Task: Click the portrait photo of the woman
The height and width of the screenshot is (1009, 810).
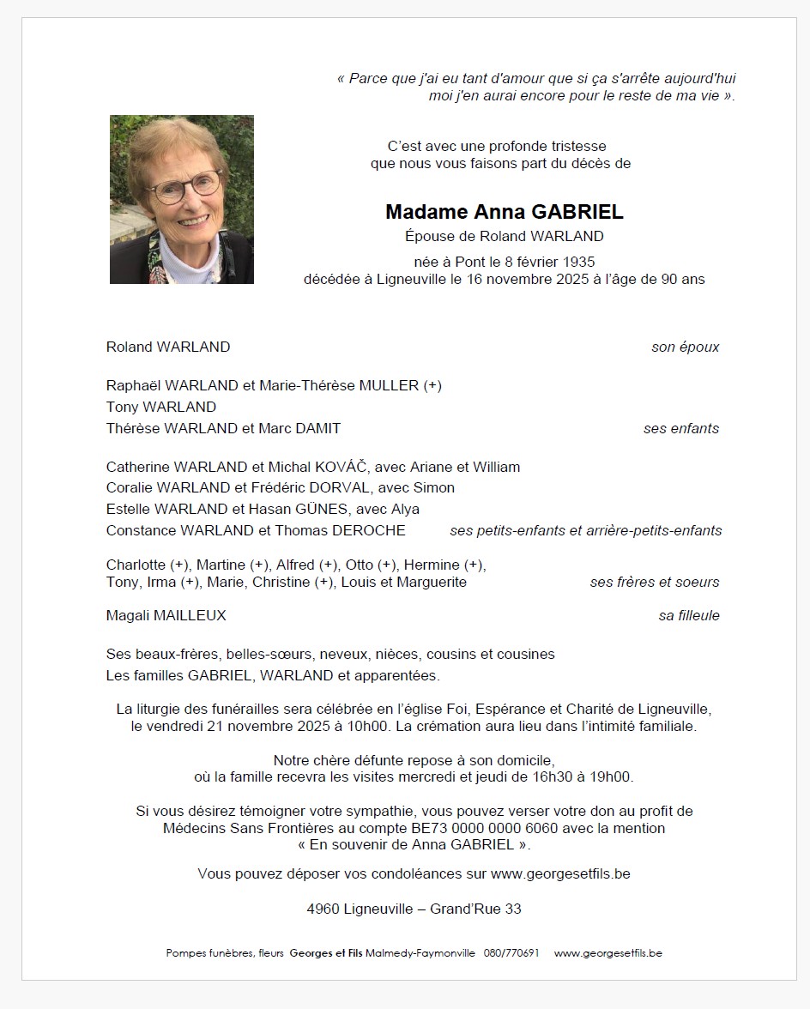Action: tap(181, 199)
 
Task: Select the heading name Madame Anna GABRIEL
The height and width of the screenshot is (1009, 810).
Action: tap(504, 212)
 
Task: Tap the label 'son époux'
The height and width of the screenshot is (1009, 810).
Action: tap(685, 347)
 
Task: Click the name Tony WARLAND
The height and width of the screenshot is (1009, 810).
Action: tap(160, 407)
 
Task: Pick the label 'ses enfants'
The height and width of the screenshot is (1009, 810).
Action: tap(681, 428)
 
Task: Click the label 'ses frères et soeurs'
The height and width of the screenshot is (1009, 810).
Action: tap(655, 582)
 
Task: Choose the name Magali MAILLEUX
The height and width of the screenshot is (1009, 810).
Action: tap(166, 615)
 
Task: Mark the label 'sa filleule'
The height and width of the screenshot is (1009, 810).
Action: tap(689, 615)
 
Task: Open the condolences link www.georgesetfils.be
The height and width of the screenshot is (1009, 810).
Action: tap(560, 874)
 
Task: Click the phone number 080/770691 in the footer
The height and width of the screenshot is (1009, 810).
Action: tap(511, 953)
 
